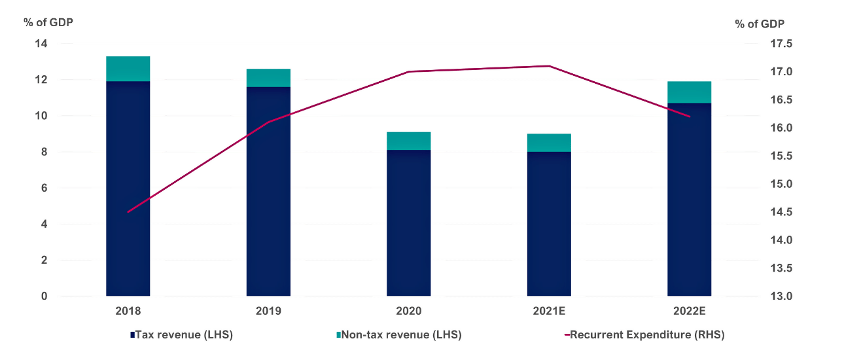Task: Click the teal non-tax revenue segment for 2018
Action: point(128,69)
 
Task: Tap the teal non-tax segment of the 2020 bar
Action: point(408,141)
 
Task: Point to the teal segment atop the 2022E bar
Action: point(689,92)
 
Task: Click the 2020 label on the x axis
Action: point(408,310)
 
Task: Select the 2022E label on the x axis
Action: point(689,310)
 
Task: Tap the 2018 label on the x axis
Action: point(128,310)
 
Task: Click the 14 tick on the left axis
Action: point(41,44)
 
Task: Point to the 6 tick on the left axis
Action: point(44,188)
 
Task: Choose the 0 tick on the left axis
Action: point(44,296)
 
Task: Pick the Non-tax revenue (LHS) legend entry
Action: point(398,334)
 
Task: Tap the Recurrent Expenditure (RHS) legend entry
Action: point(644,334)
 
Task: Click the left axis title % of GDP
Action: point(48,22)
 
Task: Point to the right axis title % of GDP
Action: point(760,24)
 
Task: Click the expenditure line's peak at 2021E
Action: point(549,66)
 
